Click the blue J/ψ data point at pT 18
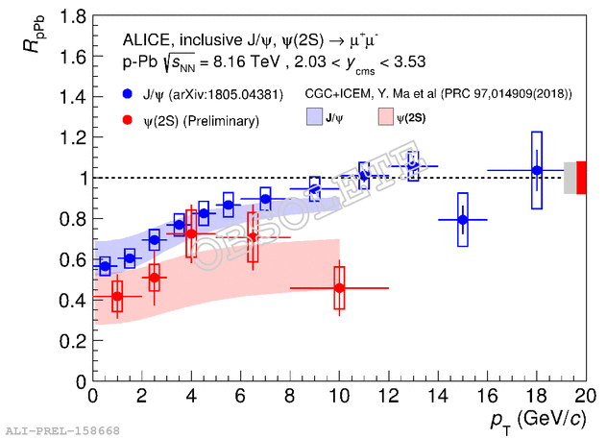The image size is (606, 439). coord(537,170)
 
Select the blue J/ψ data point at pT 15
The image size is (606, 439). coord(463,220)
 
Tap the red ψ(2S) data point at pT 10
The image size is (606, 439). coord(339,287)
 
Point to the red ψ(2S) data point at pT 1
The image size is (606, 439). coord(117,296)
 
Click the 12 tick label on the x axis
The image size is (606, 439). coord(389,398)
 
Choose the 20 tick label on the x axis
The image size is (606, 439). coord(586,398)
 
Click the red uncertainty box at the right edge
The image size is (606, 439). coord(581,178)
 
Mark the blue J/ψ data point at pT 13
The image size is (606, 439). coord(413,165)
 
